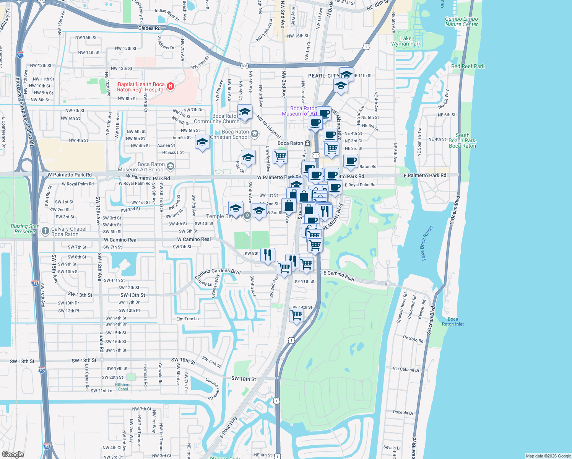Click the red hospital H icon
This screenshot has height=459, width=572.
point(171,87)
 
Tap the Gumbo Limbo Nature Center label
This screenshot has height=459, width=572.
point(461,21)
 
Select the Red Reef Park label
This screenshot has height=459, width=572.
point(468,66)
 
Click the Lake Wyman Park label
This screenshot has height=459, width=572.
point(406,41)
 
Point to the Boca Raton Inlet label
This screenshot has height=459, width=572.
point(453,321)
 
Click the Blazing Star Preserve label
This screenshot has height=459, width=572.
point(25,229)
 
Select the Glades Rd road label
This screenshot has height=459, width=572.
point(149,28)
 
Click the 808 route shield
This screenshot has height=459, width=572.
point(244,66)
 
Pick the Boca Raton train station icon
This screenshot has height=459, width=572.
point(307,143)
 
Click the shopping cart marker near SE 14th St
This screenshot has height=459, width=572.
point(297,315)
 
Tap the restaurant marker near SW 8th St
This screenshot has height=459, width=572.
point(268,255)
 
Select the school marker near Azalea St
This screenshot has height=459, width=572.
point(202,142)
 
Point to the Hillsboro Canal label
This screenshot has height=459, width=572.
point(123,387)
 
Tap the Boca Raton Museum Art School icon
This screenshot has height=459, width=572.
point(171,166)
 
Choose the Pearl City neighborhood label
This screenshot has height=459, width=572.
point(323,76)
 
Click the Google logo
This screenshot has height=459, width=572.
point(13,454)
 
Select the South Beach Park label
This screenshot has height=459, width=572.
point(462,140)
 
